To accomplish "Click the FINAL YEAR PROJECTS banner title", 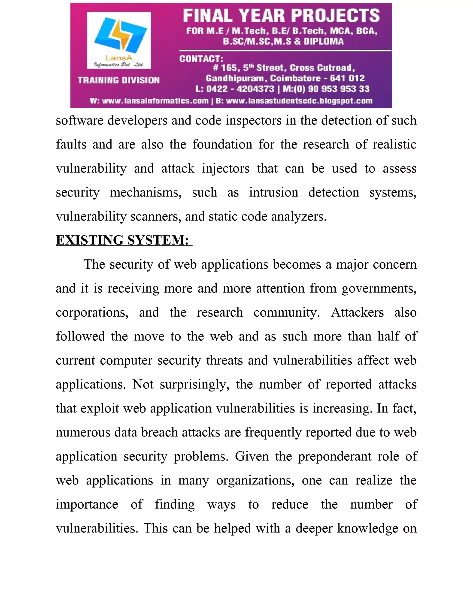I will click(x=281, y=15).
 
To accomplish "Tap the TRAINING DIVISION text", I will click(x=119, y=80).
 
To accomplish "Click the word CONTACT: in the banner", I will click(x=201, y=59).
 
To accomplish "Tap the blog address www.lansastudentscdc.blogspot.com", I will click(x=299, y=101).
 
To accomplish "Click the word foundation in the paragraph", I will click(x=222, y=144).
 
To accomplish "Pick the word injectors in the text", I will click(x=226, y=168).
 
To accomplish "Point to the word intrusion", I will click(x=273, y=193).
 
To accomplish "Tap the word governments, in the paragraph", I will click(x=379, y=288).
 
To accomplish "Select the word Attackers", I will click(x=357, y=312).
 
